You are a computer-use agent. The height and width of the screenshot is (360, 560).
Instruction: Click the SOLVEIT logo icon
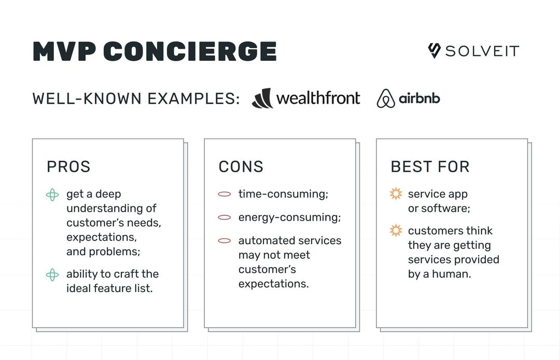click(434, 51)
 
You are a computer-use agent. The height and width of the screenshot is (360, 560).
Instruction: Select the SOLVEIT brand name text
click(482, 51)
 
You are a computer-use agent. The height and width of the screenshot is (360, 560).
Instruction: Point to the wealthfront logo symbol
click(262, 98)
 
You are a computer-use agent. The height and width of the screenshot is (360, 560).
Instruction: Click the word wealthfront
click(318, 98)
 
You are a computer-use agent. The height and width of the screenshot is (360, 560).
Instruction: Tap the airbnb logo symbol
click(386, 99)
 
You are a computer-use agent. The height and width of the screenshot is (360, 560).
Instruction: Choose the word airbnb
click(419, 98)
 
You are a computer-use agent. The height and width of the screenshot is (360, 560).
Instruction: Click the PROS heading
click(68, 167)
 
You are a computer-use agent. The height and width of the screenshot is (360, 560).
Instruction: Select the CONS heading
click(241, 167)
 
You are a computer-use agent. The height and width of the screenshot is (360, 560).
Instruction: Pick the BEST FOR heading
click(430, 167)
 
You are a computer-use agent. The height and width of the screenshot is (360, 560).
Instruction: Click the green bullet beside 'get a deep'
click(52, 195)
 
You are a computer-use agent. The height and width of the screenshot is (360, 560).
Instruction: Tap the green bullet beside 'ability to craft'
click(52, 275)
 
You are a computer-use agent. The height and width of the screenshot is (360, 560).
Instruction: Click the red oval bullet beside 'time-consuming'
click(225, 195)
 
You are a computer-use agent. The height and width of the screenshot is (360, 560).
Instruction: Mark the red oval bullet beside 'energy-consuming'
click(225, 218)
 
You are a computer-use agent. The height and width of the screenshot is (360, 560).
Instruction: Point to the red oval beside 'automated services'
click(225, 241)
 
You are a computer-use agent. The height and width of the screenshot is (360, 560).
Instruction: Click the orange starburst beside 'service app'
click(396, 194)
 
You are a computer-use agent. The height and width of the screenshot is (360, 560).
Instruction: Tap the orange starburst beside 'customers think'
click(396, 230)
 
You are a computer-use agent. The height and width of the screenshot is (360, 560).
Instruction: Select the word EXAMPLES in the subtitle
click(193, 99)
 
